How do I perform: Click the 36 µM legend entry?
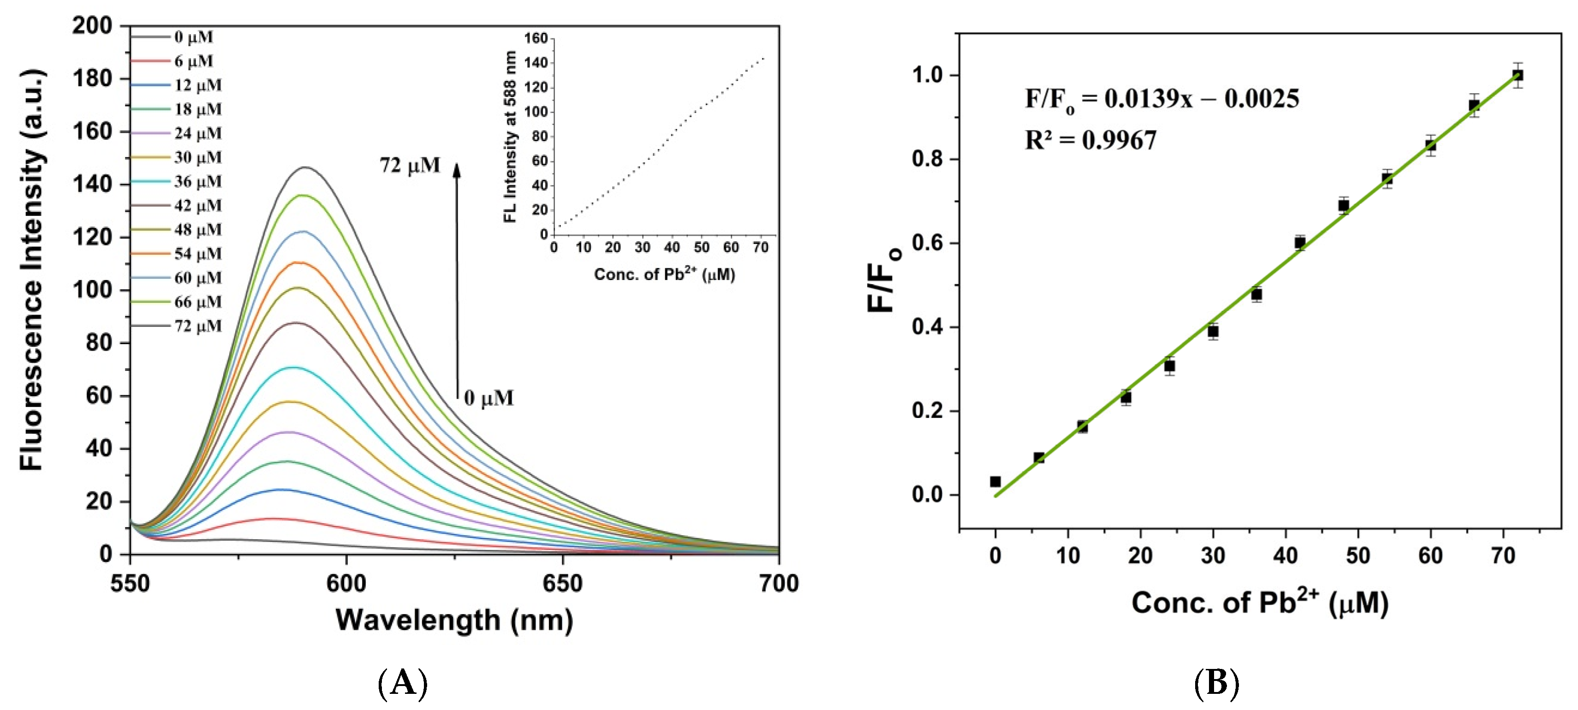(197, 182)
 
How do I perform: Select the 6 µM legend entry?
(193, 61)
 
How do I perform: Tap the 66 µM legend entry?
(197, 302)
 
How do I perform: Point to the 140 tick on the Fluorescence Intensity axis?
(92, 184)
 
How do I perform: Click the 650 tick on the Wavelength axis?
(562, 583)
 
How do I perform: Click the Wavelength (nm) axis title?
(454, 620)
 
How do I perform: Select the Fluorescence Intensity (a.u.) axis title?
(32, 269)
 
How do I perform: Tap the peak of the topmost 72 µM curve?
(305, 167)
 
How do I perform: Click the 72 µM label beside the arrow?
(409, 166)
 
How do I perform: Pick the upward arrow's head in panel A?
(456, 168)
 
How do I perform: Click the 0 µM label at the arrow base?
(488, 398)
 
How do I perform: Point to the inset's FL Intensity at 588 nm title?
(510, 136)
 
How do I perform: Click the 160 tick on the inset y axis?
(536, 39)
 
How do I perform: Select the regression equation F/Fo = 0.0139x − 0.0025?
(1161, 99)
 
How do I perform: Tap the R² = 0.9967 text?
(1090, 140)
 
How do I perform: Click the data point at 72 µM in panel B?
(1518, 75)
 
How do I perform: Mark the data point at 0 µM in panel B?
(995, 482)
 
